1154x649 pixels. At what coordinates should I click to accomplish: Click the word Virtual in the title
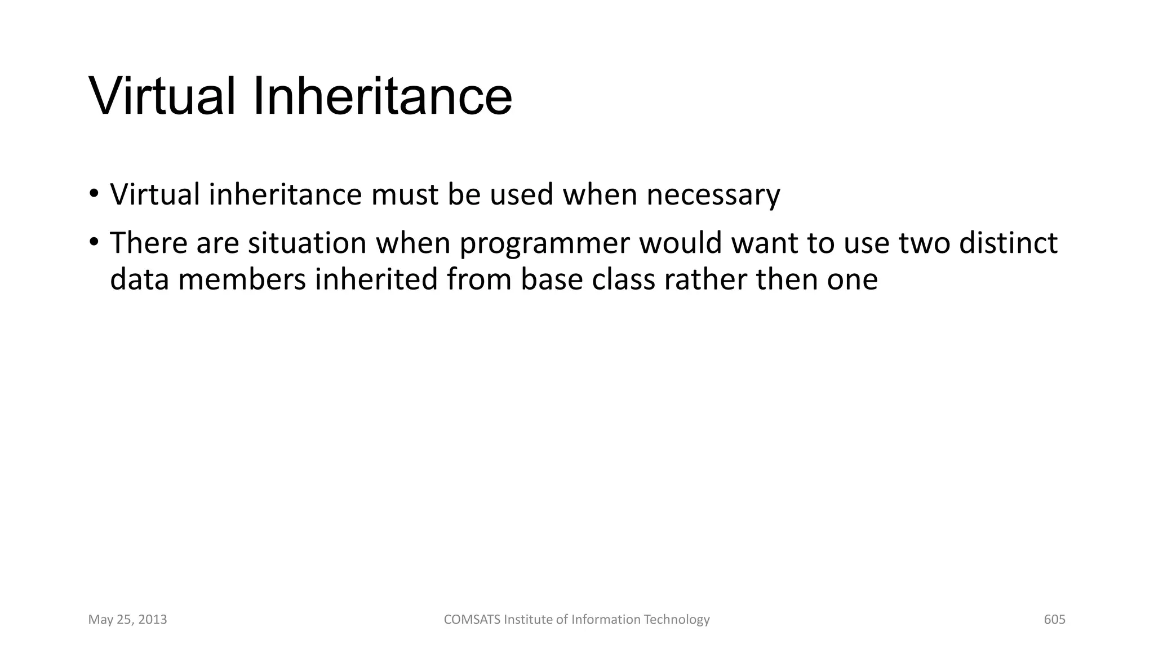click(162, 96)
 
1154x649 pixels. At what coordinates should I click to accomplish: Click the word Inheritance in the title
click(382, 96)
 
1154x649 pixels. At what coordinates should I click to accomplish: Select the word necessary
click(713, 195)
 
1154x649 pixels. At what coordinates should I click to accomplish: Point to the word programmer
click(544, 244)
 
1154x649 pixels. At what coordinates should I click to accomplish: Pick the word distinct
click(1008, 243)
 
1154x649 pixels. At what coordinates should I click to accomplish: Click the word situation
click(307, 243)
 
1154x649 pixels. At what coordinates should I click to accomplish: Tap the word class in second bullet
click(623, 279)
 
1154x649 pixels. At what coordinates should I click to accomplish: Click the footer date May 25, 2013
click(127, 620)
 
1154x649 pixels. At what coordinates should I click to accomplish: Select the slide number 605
click(1054, 620)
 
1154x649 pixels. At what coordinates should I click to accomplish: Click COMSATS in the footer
click(472, 620)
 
